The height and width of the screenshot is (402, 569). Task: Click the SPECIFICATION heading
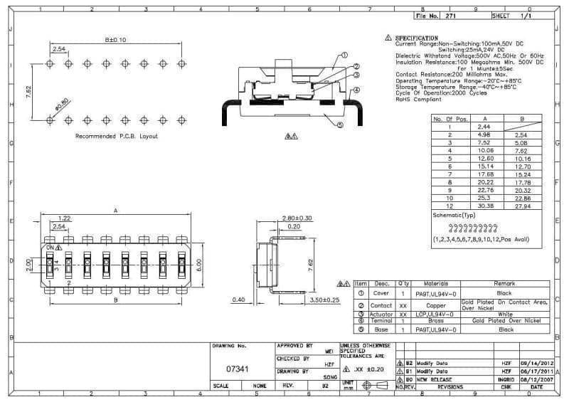point(417,38)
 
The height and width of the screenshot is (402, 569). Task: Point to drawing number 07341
point(237,369)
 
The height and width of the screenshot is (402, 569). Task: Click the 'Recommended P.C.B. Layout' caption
point(117,136)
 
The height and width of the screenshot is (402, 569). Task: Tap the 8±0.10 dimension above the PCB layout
point(115,41)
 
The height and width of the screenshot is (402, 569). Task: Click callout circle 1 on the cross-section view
point(345,55)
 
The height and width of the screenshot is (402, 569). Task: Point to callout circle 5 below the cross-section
point(340,125)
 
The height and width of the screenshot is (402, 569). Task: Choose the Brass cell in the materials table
point(436,321)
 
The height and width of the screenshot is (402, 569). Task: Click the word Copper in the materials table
point(436,305)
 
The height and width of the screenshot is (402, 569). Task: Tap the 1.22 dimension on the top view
point(64,218)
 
